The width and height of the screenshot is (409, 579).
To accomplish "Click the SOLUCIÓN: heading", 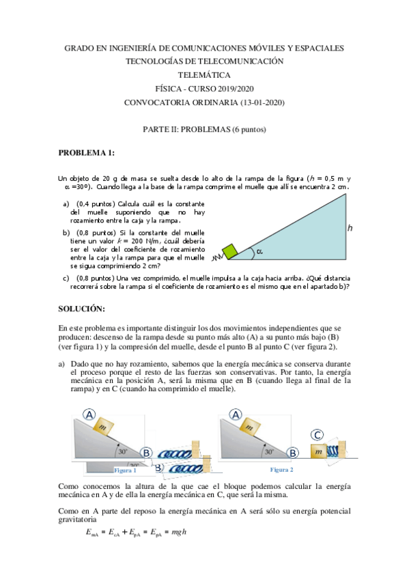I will click(81, 309).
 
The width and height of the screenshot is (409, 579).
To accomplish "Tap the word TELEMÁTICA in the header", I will click(204, 75).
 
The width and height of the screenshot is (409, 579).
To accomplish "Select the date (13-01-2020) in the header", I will click(255, 102).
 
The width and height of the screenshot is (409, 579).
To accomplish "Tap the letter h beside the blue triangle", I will click(350, 229).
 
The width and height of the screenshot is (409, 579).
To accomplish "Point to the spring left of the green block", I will click(216, 258).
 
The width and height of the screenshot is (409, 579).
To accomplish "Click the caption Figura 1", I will click(125, 470).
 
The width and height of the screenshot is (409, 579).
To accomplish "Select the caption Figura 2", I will click(281, 470).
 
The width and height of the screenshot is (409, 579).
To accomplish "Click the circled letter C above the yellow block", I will click(318, 435).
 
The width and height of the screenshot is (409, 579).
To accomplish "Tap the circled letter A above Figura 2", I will click(236, 414).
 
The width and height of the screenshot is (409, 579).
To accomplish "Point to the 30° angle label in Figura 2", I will click(270, 451).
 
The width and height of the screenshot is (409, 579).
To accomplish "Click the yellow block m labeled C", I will click(319, 452).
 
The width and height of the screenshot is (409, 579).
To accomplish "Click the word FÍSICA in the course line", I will click(169, 89).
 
